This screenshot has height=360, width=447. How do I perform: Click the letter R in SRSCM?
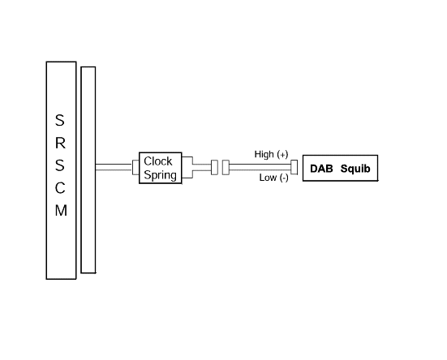[60, 143]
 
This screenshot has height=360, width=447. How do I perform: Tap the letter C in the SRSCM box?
[60, 188]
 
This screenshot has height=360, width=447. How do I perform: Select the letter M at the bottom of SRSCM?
[61, 211]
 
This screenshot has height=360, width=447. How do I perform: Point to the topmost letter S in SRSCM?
[59, 120]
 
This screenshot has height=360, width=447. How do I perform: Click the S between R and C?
[59, 165]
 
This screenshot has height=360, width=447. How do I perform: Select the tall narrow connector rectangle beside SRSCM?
[88, 170]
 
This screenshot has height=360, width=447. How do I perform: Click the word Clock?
[158, 161]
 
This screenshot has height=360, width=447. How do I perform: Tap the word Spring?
[160, 175]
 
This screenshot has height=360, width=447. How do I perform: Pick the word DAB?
[321, 169]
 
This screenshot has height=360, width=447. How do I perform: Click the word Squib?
[355, 169]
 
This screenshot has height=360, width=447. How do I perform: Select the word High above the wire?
[264, 154]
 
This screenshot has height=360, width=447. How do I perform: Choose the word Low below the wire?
[268, 178]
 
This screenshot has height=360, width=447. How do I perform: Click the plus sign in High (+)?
[283, 155]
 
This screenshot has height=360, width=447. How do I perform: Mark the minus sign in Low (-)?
[284, 178]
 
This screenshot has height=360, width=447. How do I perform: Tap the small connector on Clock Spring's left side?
[135, 167]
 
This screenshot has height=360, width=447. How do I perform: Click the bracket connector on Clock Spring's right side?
[187, 168]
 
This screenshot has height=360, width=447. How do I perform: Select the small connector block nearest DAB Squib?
[294, 167]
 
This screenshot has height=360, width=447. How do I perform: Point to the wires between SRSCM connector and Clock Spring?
[114, 167]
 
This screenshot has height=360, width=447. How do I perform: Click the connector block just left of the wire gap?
[214, 168]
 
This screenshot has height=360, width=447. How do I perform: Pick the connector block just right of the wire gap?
[226, 168]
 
